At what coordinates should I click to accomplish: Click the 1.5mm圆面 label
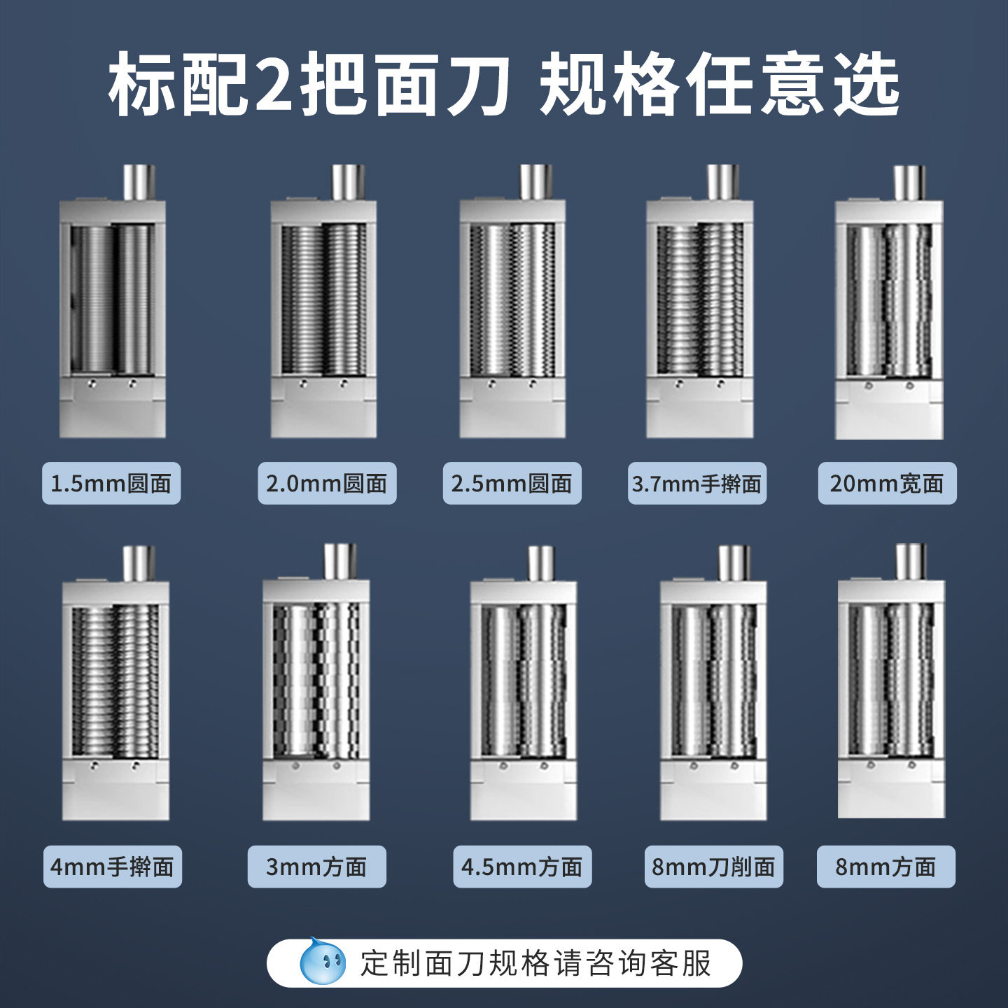click(111, 483)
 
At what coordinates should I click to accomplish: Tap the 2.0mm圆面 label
click(326, 483)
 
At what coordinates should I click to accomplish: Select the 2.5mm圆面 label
click(512, 483)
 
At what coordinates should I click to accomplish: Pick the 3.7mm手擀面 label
click(696, 483)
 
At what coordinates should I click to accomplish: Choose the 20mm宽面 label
click(887, 483)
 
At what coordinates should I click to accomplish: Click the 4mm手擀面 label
click(112, 867)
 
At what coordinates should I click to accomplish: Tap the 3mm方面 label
click(316, 867)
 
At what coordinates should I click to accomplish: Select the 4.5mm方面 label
click(521, 867)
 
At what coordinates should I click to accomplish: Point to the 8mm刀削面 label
click(713, 867)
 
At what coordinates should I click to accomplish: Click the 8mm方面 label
click(885, 867)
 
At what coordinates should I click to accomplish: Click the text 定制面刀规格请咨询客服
click(535, 963)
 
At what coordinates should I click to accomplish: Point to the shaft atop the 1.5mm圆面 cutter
click(139, 182)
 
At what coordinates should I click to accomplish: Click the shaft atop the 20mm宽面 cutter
click(909, 183)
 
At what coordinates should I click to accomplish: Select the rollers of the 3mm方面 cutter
click(316, 680)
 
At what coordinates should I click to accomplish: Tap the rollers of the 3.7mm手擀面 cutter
click(699, 299)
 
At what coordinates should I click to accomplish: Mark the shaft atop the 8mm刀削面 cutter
click(734, 563)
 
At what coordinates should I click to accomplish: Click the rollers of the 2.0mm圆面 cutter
click(323, 299)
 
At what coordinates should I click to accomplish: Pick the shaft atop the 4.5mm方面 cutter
click(540, 563)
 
